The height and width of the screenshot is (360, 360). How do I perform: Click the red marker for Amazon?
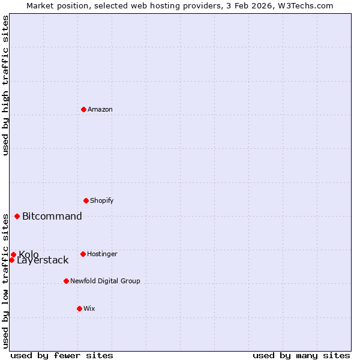pos(83,109)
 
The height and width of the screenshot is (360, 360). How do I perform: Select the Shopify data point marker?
pos(86,200)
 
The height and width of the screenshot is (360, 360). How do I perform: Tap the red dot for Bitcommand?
pos(17,216)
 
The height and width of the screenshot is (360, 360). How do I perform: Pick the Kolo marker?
pos(13,254)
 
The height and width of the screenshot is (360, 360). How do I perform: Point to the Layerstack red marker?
pos(11,260)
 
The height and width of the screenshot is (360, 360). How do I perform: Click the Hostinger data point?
pos(83,254)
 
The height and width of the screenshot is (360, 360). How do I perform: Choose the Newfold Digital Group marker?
pos(66,281)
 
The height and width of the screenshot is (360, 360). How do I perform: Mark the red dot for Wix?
pos(79,308)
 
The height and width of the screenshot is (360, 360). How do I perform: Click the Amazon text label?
pos(100,109)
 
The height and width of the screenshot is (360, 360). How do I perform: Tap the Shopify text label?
pos(101,200)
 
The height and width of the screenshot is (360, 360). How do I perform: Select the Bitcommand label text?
pos(52,216)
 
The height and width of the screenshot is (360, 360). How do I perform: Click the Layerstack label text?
pos(43,260)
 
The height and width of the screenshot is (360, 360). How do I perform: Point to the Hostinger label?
pos(102,254)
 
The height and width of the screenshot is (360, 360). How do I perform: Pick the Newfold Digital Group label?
pos(105,281)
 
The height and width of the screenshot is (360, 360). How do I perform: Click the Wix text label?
pos(89,308)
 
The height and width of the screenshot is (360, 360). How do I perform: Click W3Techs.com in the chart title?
pos(305,5)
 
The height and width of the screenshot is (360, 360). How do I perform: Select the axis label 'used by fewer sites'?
pos(62,355)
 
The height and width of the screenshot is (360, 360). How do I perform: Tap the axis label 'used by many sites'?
pos(301,355)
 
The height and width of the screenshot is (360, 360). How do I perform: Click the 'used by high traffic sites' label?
pos(5,85)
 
